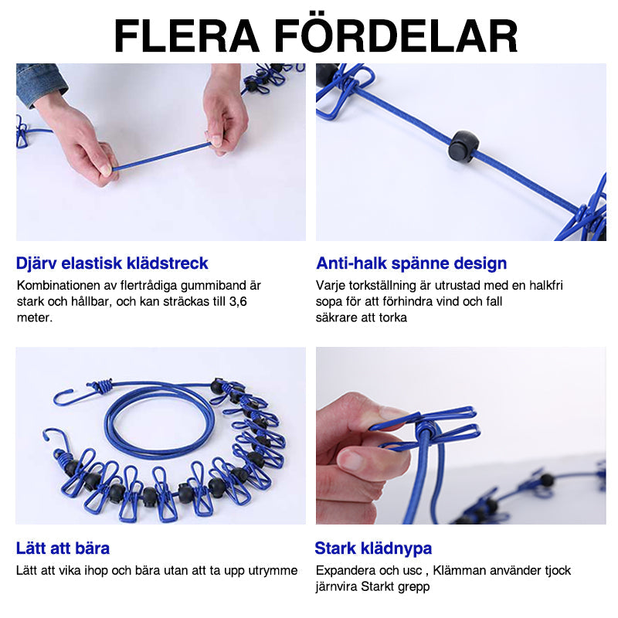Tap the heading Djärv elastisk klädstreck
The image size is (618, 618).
(112, 263)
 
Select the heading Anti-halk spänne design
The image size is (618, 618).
(411, 263)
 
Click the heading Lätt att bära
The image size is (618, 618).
(63, 548)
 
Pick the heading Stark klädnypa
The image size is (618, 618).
(373, 548)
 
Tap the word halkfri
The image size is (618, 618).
(545, 285)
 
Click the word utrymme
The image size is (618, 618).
(273, 570)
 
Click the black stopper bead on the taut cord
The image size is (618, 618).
(463, 145)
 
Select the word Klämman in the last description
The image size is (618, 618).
(467, 570)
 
